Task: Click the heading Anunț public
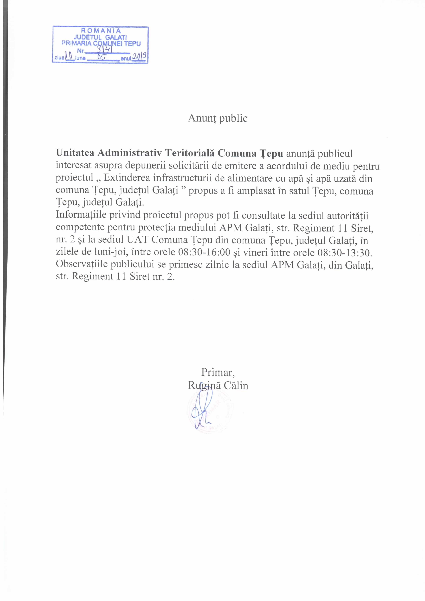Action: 218,118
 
